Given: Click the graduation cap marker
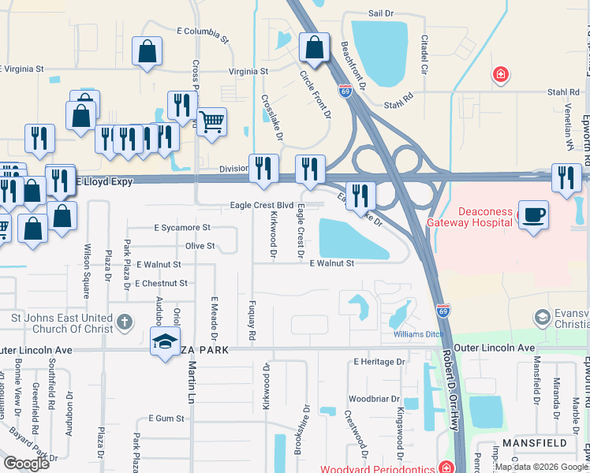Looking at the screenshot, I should [x=165, y=341].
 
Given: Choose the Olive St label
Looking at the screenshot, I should [x=200, y=246].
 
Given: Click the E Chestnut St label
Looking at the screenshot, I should [x=161, y=283].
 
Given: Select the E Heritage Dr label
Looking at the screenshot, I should [x=379, y=362].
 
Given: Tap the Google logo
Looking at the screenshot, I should [x=26, y=464].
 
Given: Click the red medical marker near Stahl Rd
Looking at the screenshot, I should [x=499, y=76].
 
